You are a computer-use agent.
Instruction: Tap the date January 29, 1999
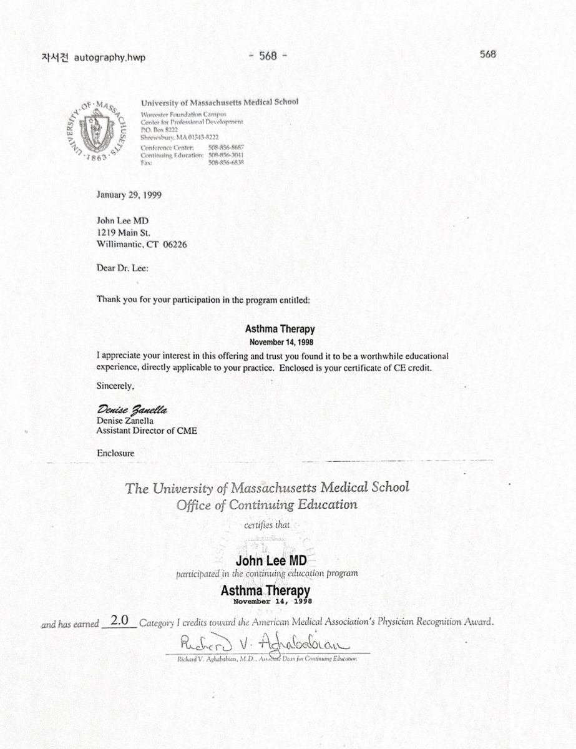coord(129,194)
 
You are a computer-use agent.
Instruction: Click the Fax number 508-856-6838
coord(225,162)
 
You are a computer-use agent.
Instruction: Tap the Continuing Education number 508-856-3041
coord(225,155)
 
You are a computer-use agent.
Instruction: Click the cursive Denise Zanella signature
coord(133,409)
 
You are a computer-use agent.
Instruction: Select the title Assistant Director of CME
coord(147,431)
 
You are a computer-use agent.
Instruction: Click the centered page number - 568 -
coord(268,55)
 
